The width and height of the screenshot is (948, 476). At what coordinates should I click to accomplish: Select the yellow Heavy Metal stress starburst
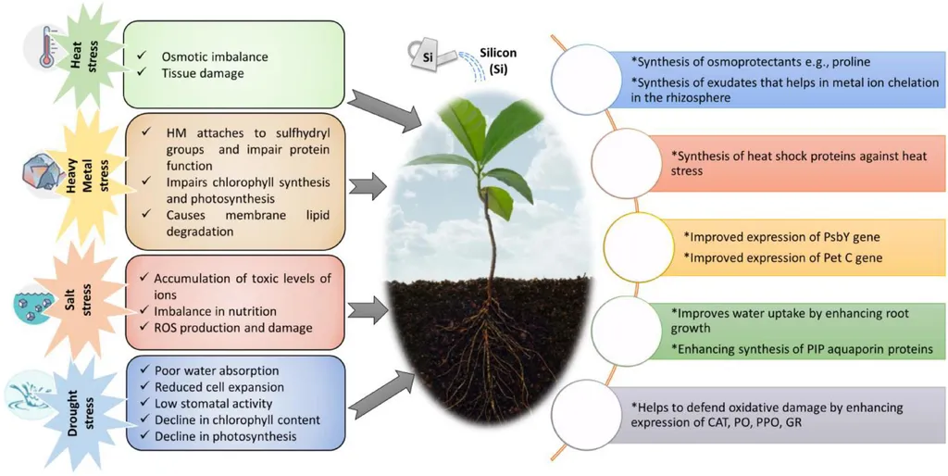coord(87,181)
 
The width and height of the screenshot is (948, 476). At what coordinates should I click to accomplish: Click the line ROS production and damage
coord(232,327)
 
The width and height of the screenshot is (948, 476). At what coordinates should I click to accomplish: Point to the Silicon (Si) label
coord(499,60)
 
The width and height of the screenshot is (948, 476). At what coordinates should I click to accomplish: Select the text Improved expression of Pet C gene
coord(782,257)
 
